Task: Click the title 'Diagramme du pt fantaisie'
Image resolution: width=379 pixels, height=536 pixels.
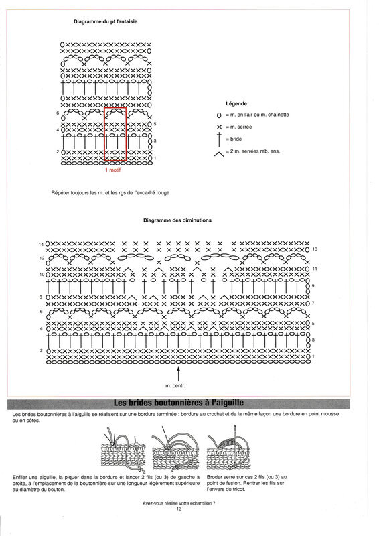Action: pos(106,21)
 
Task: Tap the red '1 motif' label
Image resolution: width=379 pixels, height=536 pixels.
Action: pos(112,170)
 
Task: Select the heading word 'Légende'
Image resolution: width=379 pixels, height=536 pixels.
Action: pos(236,104)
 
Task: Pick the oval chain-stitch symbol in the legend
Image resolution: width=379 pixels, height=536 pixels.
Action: pos(219,115)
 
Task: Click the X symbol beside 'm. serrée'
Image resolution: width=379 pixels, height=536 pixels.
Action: pos(219,127)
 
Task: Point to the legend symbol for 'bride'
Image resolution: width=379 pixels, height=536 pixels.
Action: pos(219,139)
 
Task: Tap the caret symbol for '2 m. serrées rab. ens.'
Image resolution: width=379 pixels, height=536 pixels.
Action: pos(219,154)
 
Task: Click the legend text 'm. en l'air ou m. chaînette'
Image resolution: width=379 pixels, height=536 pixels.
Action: pos(257,115)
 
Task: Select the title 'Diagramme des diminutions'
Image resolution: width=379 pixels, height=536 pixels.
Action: pos(177,220)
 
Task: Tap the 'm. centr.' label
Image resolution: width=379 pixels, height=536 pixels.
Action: pos(175,386)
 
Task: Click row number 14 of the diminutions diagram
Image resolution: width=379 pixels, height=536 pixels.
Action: pos(42,244)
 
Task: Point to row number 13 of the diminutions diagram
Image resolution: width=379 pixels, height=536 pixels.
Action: pos(315,249)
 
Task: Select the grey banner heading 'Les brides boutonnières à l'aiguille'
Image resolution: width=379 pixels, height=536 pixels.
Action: pos(178,403)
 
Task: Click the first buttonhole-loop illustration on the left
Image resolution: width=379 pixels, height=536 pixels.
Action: pos(120,449)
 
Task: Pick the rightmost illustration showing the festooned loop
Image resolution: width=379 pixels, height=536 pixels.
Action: pos(228,448)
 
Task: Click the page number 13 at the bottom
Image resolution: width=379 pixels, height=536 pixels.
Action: pos(179,509)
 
